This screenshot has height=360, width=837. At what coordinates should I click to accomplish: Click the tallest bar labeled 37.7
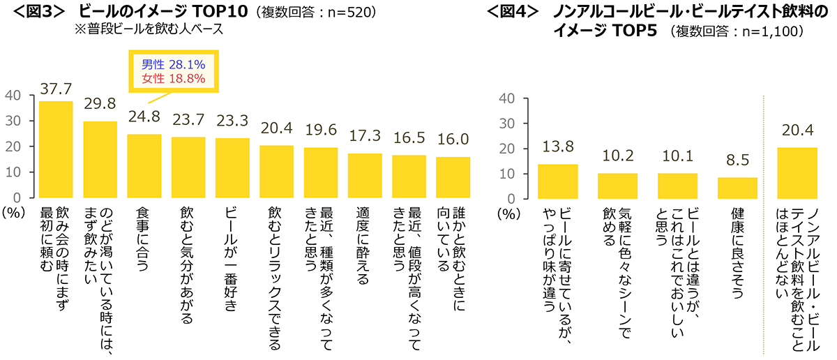coord(56,149)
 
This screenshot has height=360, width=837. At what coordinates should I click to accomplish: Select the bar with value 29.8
coord(100,160)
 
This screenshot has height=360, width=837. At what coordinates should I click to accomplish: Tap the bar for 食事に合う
coord(144,166)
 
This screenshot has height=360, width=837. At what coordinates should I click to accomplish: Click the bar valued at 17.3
coord(365,176)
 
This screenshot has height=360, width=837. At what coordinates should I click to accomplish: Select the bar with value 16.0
coord(453,177)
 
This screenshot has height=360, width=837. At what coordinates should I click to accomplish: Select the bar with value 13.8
coord(558,181)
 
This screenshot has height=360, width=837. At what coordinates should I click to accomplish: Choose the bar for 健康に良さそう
coord(737,188)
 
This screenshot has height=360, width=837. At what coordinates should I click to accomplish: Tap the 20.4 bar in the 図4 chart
coord(797,173)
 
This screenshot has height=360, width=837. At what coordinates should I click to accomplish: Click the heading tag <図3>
coord(33,12)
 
